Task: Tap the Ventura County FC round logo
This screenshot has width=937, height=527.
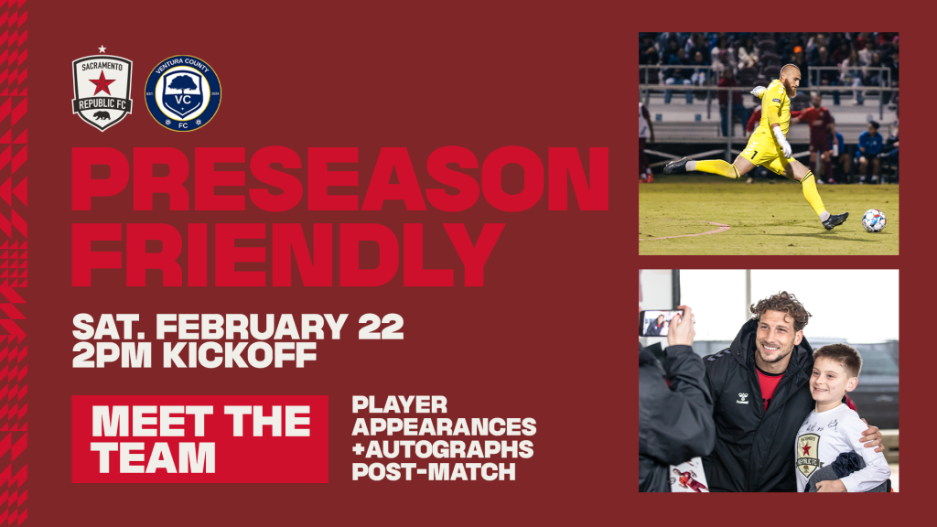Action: (x=183, y=93)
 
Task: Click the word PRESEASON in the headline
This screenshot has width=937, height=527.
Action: (x=340, y=178)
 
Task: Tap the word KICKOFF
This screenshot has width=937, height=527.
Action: (x=240, y=355)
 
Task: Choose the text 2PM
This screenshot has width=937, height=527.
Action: (x=112, y=355)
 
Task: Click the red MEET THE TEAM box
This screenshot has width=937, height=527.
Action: (x=200, y=439)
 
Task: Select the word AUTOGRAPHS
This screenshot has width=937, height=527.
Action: (x=443, y=449)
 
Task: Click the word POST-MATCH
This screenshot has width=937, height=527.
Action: (x=434, y=471)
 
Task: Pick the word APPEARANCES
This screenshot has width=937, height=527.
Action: (x=444, y=426)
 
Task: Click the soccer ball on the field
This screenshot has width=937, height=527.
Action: (x=874, y=220)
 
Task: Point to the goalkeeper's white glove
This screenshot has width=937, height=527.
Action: (x=781, y=142)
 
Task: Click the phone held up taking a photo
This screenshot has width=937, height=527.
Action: (x=661, y=323)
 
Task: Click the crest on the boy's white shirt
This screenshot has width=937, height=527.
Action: (x=808, y=456)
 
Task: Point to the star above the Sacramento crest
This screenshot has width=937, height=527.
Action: (x=102, y=49)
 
